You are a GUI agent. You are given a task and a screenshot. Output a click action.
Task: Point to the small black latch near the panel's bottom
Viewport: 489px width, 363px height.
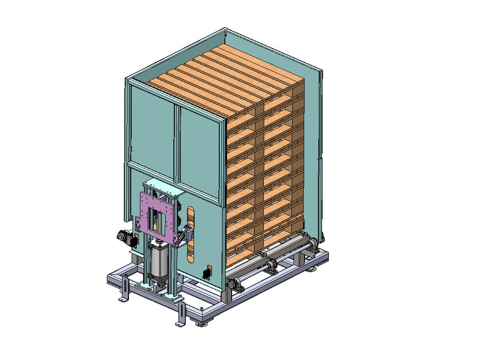coord(205,274)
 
